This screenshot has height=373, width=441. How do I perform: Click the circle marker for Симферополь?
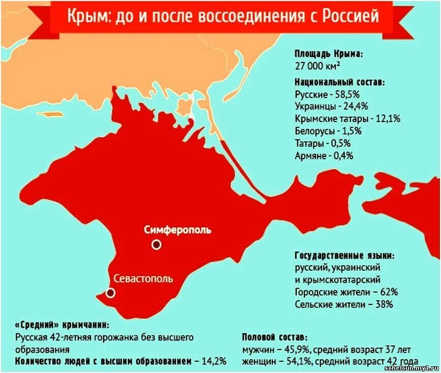[x=156, y=244]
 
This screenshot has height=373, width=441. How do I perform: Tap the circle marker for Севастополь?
[x=110, y=293]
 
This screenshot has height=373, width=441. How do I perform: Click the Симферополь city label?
[x=177, y=230]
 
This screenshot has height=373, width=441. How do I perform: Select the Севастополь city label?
[x=143, y=278]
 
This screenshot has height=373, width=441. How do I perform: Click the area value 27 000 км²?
[x=318, y=66]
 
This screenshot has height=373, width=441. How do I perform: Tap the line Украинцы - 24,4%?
[x=331, y=107]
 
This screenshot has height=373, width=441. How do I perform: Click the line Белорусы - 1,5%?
[x=328, y=131]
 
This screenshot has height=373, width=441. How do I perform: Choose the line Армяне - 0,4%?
[x=324, y=156]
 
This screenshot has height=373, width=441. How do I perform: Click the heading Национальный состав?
[x=339, y=82]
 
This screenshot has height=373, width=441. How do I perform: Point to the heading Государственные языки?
[x=344, y=256]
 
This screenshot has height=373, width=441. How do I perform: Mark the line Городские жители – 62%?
[x=346, y=292]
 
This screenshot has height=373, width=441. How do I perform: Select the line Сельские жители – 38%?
[x=343, y=304]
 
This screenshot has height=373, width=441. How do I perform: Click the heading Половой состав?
[x=274, y=337]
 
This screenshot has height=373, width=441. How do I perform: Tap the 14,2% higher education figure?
[x=213, y=361]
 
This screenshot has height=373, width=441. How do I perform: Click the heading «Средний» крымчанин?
[x=61, y=325]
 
